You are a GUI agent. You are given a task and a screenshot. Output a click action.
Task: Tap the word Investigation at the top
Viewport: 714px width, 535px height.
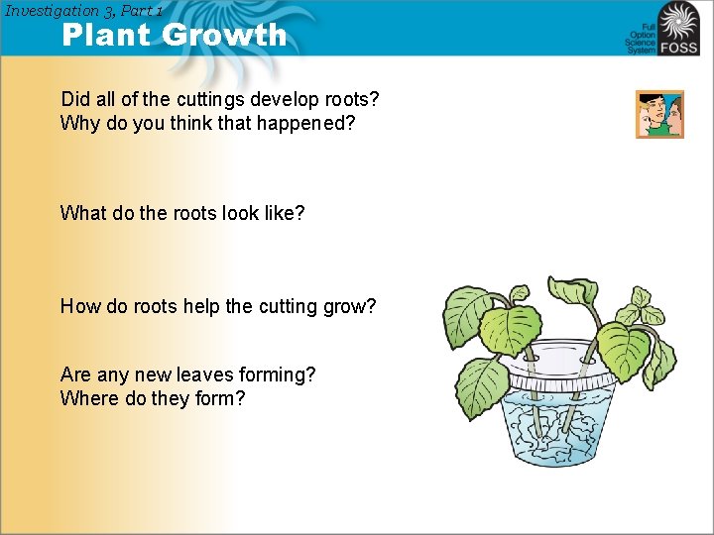(x=52, y=10)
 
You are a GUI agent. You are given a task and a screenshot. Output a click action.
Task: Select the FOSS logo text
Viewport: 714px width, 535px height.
(x=681, y=47)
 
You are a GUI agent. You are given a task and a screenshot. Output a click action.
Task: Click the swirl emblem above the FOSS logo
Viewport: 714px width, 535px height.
(x=679, y=19)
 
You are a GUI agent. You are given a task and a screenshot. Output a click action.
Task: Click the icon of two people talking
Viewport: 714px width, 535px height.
(x=659, y=114)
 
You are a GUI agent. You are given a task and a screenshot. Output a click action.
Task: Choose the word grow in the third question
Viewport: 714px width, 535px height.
(x=350, y=306)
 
